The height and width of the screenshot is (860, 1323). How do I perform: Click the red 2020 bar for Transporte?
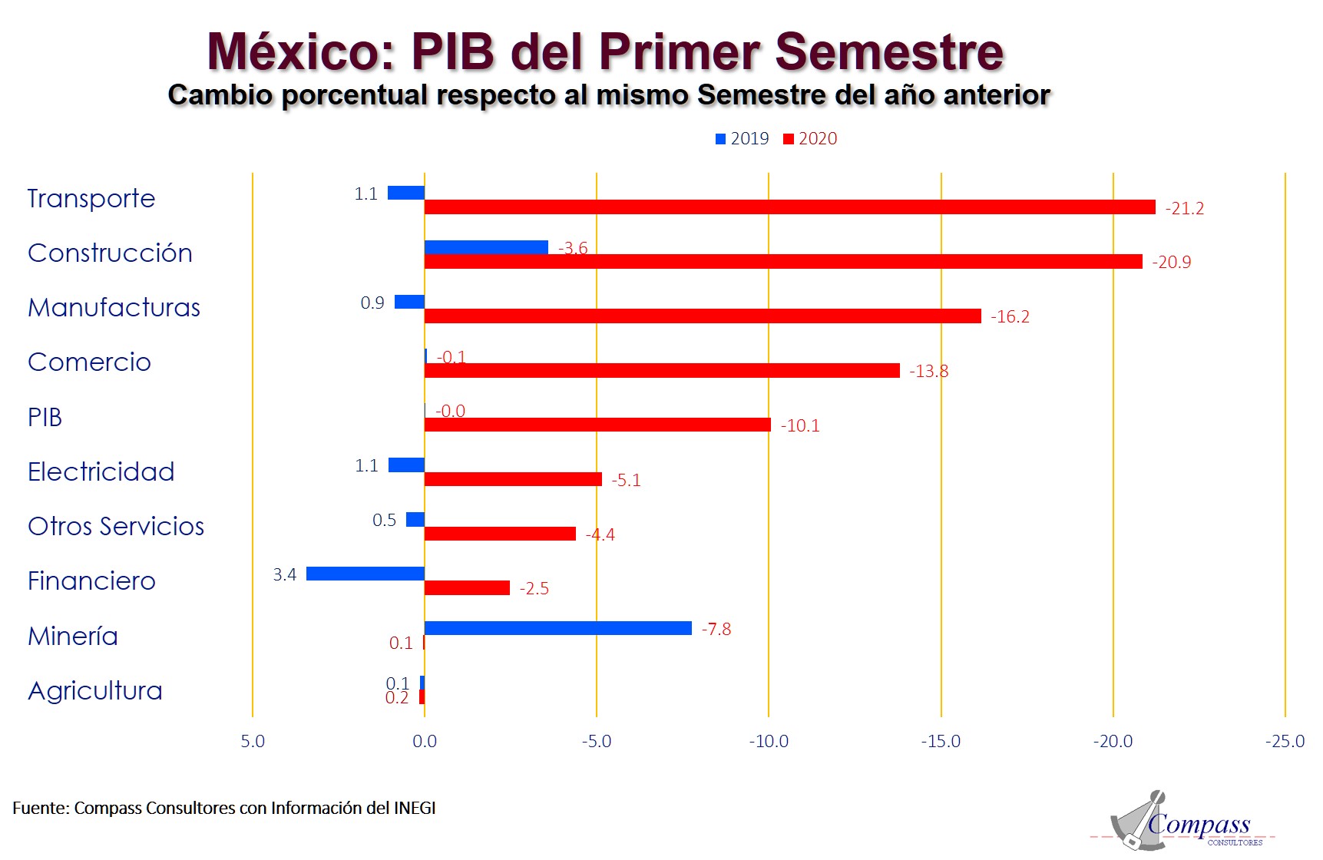789,207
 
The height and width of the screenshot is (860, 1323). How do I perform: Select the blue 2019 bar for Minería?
557,628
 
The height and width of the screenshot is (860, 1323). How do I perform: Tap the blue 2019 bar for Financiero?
365,574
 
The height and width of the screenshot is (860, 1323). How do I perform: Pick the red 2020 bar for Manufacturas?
703,316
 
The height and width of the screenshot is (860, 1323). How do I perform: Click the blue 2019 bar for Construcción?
486,247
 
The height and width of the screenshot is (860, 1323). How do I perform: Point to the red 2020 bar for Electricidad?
513,479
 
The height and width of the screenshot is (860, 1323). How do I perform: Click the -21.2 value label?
1184,208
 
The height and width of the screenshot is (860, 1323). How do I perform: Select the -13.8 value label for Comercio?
928,372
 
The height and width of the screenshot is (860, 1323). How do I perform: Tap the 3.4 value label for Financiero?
285,574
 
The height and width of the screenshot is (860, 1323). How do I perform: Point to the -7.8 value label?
716,630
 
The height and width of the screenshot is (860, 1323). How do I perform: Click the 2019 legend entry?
743,139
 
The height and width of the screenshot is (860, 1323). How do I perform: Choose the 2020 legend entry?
810,139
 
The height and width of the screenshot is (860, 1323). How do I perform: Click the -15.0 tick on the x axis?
941,742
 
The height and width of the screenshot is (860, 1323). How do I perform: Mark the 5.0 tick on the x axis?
253,742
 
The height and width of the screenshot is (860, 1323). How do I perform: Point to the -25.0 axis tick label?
1285,742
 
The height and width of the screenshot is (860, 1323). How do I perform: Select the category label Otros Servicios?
116,527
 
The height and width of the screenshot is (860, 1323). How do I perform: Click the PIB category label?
45,418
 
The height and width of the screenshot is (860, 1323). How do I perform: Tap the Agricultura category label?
95,691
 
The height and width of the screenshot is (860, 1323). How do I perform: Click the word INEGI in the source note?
415,808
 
